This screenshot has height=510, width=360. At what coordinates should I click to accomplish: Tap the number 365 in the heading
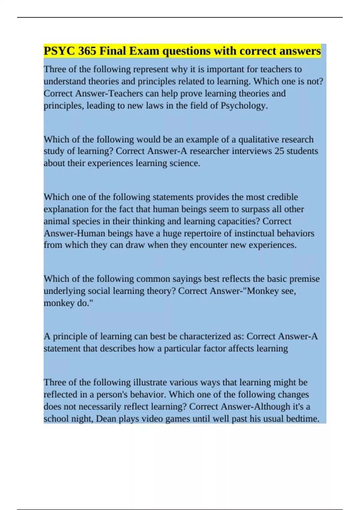87,51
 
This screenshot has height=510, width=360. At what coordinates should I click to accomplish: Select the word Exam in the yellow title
144,51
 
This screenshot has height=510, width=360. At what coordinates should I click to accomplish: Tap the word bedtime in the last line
303,418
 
